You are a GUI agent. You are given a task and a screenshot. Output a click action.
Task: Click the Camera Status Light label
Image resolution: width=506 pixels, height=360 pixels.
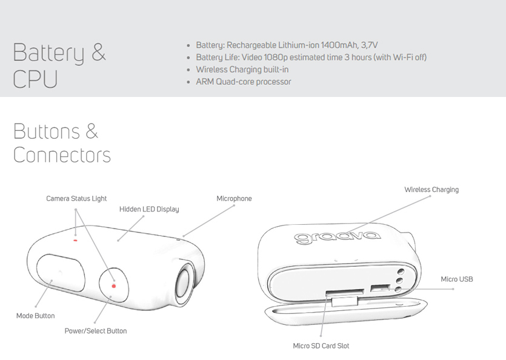click(x=76, y=199)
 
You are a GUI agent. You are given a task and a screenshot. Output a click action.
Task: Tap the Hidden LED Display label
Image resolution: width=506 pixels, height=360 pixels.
click(x=149, y=209)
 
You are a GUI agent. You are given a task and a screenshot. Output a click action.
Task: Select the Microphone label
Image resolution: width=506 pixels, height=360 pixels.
click(x=234, y=199)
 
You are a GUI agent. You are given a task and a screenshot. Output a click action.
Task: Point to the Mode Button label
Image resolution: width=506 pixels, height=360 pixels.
click(x=36, y=316)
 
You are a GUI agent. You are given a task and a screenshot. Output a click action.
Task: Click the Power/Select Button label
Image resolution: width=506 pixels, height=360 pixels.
click(x=96, y=331)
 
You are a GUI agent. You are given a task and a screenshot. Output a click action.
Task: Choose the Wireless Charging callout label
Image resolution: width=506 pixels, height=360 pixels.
click(x=431, y=190)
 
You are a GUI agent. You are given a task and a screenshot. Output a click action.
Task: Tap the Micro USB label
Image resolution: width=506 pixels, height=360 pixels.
click(x=457, y=279)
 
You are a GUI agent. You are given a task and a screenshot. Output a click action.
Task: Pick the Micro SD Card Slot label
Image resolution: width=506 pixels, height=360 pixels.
click(x=321, y=346)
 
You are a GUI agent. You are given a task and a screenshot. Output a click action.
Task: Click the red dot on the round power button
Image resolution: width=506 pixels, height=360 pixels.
click(x=113, y=286)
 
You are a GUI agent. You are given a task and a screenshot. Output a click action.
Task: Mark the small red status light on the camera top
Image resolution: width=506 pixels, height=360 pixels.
click(x=75, y=241)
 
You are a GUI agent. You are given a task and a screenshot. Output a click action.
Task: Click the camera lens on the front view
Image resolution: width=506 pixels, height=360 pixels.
click(x=183, y=284)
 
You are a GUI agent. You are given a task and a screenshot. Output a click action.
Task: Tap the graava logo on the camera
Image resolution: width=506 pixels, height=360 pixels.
click(x=337, y=237)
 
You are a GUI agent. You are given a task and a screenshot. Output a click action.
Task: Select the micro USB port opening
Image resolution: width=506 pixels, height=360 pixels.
click(x=380, y=288)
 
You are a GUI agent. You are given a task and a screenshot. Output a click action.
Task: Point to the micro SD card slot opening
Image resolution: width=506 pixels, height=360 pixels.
click(x=345, y=293)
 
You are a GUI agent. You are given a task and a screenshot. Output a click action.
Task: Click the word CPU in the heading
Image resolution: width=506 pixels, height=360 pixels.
click(x=35, y=78)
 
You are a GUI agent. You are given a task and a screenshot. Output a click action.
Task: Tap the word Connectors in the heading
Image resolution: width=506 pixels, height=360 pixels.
click(x=62, y=155)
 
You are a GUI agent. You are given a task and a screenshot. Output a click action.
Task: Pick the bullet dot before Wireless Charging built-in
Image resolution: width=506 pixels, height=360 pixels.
click(x=188, y=70)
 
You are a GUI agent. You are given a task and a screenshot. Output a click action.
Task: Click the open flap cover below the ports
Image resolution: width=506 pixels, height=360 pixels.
click(x=346, y=312)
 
